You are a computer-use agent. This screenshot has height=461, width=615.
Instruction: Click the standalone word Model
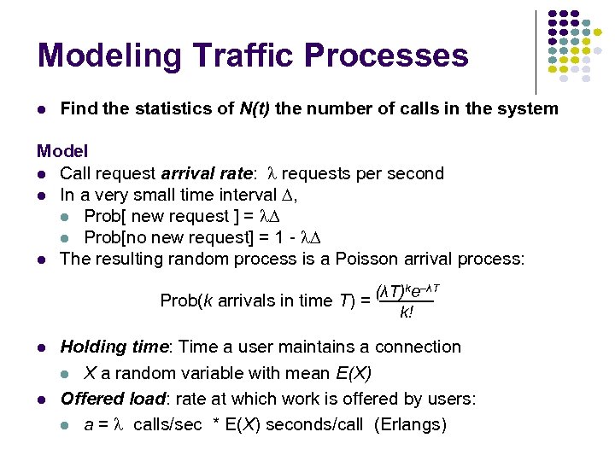pyautogui.click(x=62, y=152)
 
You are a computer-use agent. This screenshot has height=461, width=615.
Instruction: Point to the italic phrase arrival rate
pyautogui.click(x=208, y=173)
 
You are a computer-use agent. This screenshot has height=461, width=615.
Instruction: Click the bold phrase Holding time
pyautogui.click(x=114, y=347)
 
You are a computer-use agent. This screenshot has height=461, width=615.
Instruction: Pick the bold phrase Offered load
pyautogui.click(x=113, y=399)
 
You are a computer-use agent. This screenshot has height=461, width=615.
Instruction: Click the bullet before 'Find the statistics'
pyautogui.click(x=41, y=109)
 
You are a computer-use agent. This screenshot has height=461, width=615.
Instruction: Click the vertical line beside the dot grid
pyautogui.click(x=536, y=51)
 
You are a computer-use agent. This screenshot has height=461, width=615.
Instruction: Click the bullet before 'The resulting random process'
pyautogui.click(x=41, y=260)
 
